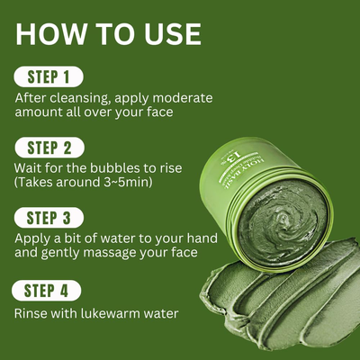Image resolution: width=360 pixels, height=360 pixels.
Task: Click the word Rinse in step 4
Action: coord(33,313)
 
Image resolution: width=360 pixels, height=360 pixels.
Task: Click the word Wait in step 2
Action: coord(31,167)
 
